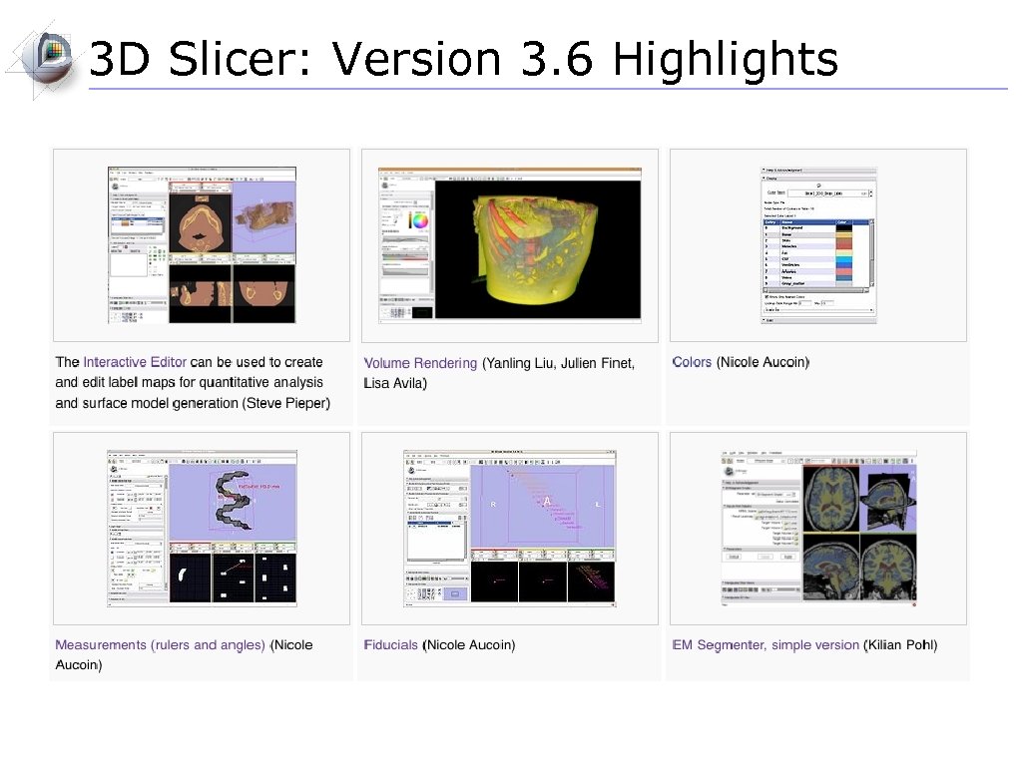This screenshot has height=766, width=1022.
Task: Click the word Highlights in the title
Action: tap(725, 60)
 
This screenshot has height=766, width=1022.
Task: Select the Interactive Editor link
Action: tap(135, 362)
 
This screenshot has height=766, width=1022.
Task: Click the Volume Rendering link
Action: tap(420, 363)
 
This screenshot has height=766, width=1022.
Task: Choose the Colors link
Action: tap(692, 362)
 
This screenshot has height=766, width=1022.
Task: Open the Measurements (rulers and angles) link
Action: tap(161, 645)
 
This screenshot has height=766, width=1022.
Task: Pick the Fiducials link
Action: tap(391, 645)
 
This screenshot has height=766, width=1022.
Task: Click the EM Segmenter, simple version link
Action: tap(766, 645)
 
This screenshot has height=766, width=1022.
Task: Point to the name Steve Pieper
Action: tap(286, 403)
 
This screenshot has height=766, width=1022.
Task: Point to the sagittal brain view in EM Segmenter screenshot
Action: tap(885, 496)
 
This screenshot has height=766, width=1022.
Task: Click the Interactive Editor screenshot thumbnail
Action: tap(203, 244)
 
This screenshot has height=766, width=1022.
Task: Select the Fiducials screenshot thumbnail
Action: tap(510, 529)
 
